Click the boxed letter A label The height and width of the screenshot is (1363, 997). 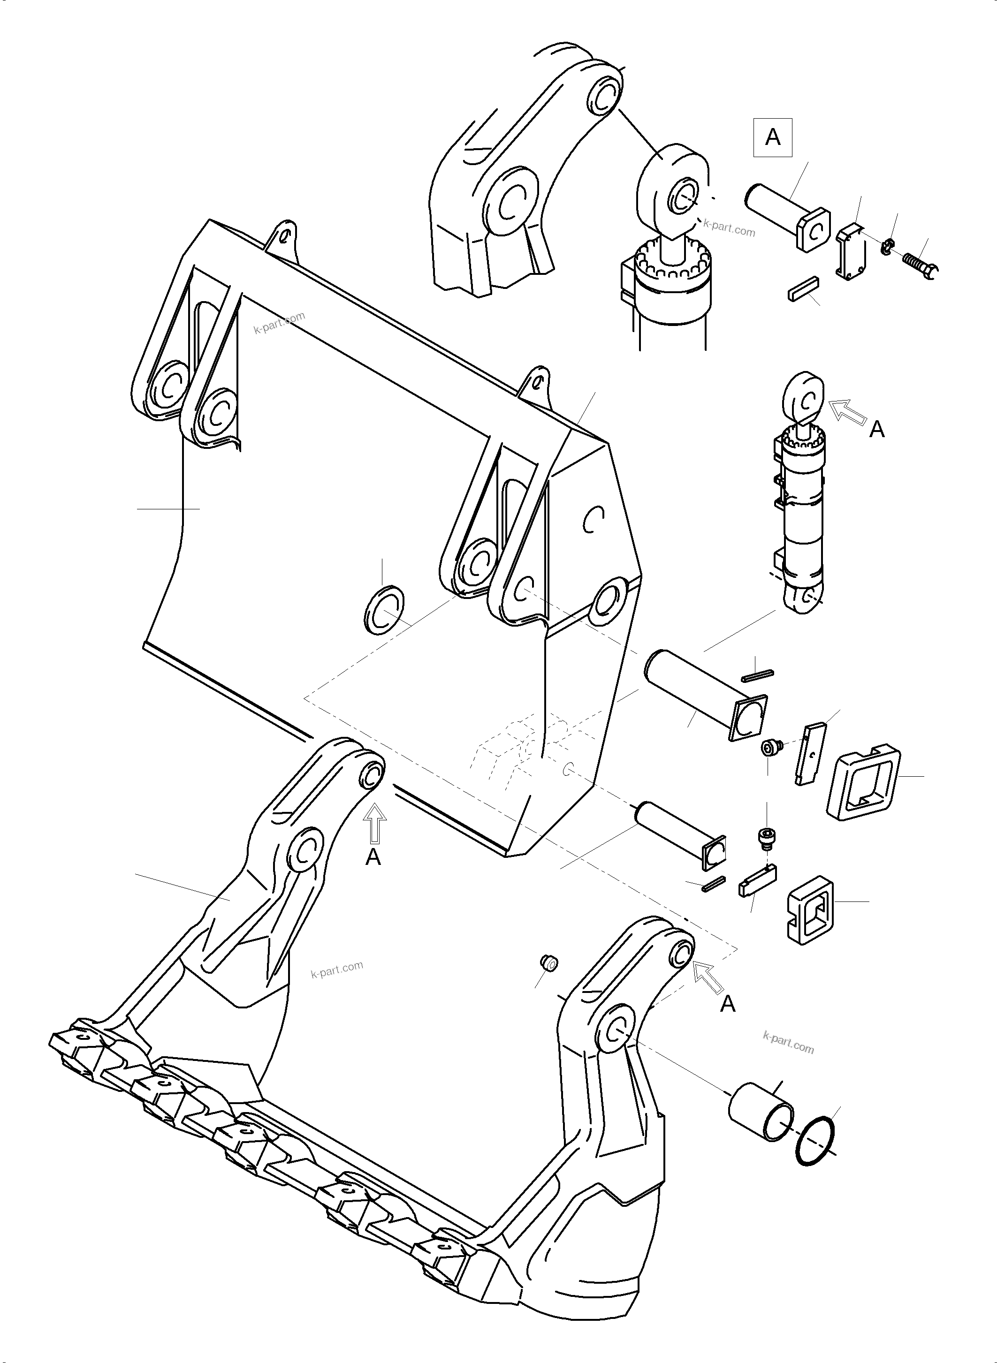coord(772,138)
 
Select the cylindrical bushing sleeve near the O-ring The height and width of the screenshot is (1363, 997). coord(761,1111)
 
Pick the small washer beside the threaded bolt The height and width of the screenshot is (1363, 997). coord(886,246)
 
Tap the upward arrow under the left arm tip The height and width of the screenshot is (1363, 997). coord(375,824)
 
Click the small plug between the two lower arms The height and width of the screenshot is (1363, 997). coord(549,963)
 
